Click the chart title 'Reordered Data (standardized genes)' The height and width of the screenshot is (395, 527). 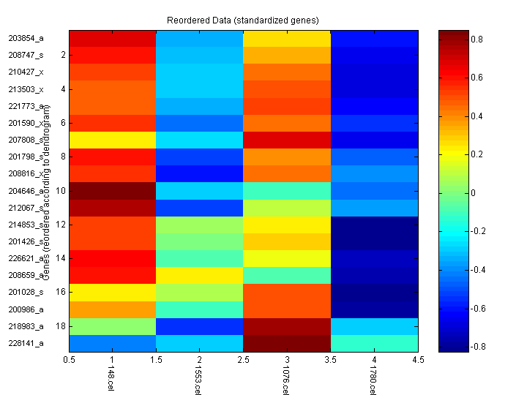(x=243, y=19)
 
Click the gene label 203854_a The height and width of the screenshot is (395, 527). (x=26, y=38)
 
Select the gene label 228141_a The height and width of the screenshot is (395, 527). (x=26, y=343)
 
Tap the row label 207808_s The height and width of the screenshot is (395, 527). (x=26, y=140)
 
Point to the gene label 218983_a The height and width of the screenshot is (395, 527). (x=26, y=326)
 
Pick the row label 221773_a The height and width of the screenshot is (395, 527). (x=26, y=106)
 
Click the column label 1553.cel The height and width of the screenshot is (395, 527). (x=198, y=380)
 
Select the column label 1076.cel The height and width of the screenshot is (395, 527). (x=285, y=380)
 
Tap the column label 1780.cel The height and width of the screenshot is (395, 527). (x=373, y=380)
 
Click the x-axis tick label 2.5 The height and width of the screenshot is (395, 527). (x=244, y=360)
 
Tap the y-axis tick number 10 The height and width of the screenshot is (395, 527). (x=61, y=190)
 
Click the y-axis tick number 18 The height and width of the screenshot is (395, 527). (x=61, y=325)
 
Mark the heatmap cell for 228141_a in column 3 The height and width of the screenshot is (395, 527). (x=287, y=343)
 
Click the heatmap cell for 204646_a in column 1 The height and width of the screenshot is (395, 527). (x=113, y=191)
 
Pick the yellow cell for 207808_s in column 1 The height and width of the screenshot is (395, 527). (x=113, y=140)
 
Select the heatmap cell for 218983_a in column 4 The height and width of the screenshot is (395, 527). (x=375, y=326)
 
